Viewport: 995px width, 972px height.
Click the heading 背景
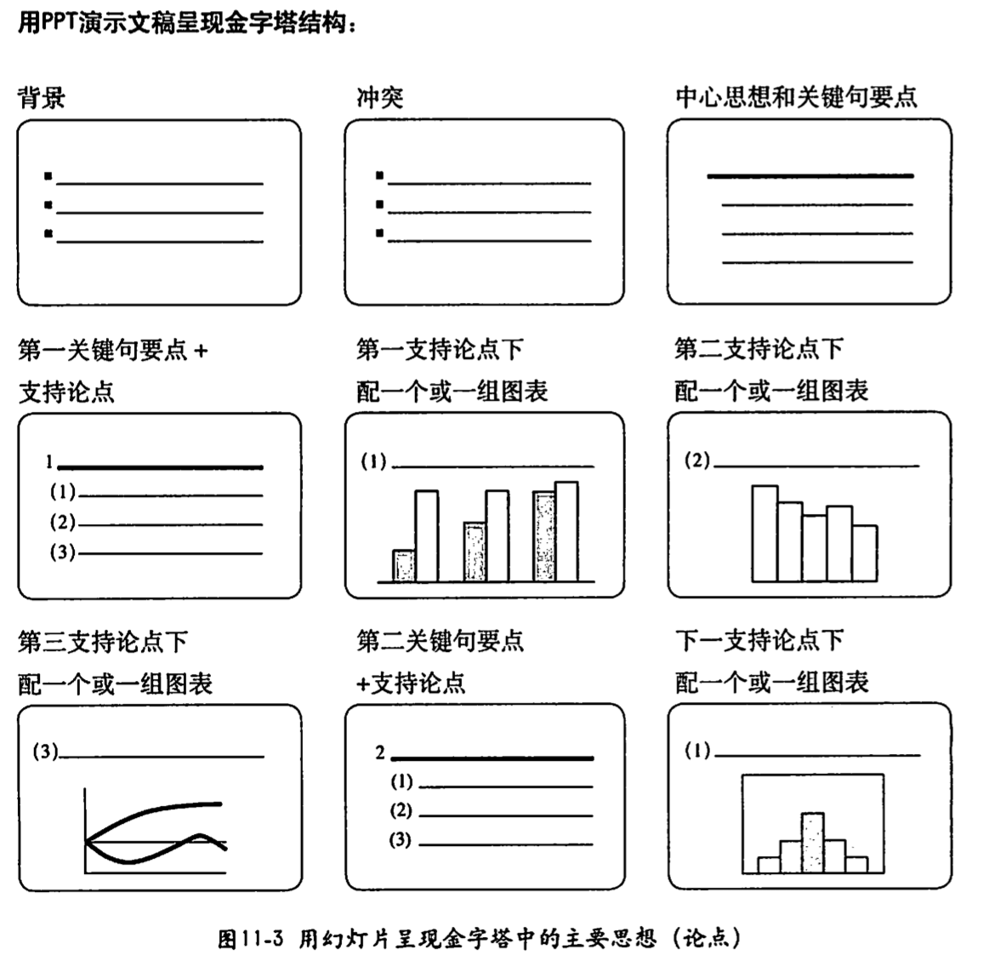click(x=41, y=98)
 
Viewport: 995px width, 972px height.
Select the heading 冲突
click(x=379, y=98)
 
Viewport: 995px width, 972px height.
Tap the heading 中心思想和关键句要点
click(x=796, y=98)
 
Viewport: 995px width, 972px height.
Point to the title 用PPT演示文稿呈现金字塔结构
click(x=186, y=23)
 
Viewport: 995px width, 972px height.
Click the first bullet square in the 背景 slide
click(x=48, y=176)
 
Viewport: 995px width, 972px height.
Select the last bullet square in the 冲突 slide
click(x=379, y=232)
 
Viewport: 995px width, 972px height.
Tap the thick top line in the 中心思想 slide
click(x=810, y=176)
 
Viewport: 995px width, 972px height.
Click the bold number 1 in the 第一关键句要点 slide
click(x=50, y=463)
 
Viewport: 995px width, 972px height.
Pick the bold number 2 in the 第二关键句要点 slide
click(x=380, y=752)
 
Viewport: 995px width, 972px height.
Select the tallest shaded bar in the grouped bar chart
click(x=544, y=536)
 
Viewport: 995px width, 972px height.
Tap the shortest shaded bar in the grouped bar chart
click(x=404, y=566)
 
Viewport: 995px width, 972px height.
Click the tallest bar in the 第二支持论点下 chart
click(x=765, y=534)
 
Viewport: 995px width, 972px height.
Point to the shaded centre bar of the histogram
click(x=813, y=843)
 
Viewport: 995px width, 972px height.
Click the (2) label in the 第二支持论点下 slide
click(x=697, y=461)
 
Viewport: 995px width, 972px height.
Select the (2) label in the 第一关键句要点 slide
click(x=62, y=523)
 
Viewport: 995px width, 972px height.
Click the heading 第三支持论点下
click(x=102, y=642)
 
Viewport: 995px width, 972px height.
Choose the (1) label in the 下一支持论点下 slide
click(x=697, y=752)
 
